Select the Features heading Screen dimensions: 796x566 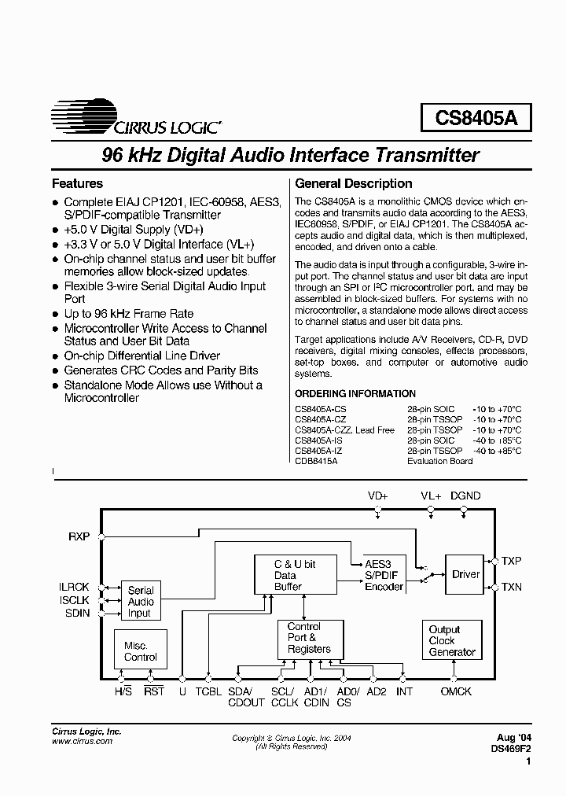click(x=77, y=184)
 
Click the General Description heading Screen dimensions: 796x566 click(x=353, y=184)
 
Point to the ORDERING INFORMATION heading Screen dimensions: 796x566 click(x=355, y=394)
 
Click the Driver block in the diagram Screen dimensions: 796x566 click(x=465, y=574)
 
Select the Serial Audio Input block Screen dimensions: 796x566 click(x=141, y=602)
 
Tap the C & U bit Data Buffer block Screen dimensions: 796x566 click(x=295, y=575)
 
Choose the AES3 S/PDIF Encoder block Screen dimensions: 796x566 click(x=384, y=575)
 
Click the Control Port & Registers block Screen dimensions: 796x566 click(x=309, y=638)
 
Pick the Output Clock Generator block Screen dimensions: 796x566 click(x=452, y=641)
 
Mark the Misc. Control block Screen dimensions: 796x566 click(x=141, y=650)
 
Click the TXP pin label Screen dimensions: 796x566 click(x=512, y=561)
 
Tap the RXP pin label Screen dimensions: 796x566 click(x=79, y=536)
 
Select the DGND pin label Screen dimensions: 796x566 click(x=465, y=496)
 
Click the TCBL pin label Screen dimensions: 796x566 click(x=208, y=692)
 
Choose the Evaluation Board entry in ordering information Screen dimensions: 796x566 click(x=439, y=461)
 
